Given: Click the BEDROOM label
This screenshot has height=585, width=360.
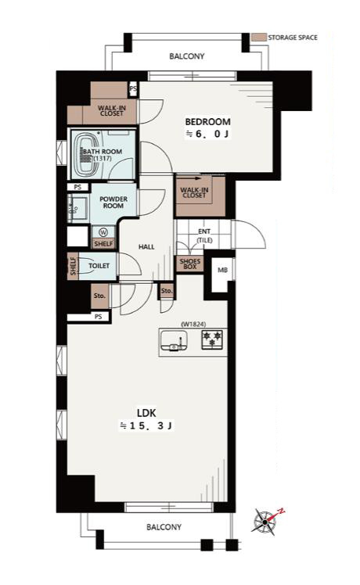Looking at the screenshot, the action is pos(207,122).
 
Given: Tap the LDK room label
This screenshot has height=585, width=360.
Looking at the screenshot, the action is pos(146,413).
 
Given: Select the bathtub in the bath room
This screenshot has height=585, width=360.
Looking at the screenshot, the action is pos(87,155).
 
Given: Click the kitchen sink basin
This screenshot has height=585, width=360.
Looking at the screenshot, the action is pos(174,341).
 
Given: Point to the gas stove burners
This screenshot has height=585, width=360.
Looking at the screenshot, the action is pos(212,339).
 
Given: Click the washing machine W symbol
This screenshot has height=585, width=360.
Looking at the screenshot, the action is pos(103,232).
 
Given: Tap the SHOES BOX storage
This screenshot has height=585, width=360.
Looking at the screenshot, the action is pos(190,264).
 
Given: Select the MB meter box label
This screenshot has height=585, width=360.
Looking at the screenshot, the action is pos(222,270).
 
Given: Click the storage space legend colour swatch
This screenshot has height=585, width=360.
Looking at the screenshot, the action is pos(259,38).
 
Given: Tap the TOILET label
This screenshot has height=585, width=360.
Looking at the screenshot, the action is pos(99,266).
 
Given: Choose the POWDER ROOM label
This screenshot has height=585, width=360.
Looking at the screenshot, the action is pos(113,203).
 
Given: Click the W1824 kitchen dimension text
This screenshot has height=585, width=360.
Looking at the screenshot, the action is pos(193,325).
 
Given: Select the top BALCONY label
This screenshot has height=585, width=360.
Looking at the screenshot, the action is pos(187,56).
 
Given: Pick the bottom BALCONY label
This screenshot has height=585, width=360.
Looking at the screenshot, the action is pos(164,527).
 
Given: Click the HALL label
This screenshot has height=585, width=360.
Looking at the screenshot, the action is pos(146,246).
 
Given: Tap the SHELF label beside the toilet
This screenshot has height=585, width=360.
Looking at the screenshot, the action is pos(73,266).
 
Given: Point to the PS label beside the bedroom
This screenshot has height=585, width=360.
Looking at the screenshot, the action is pos(133,89).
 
